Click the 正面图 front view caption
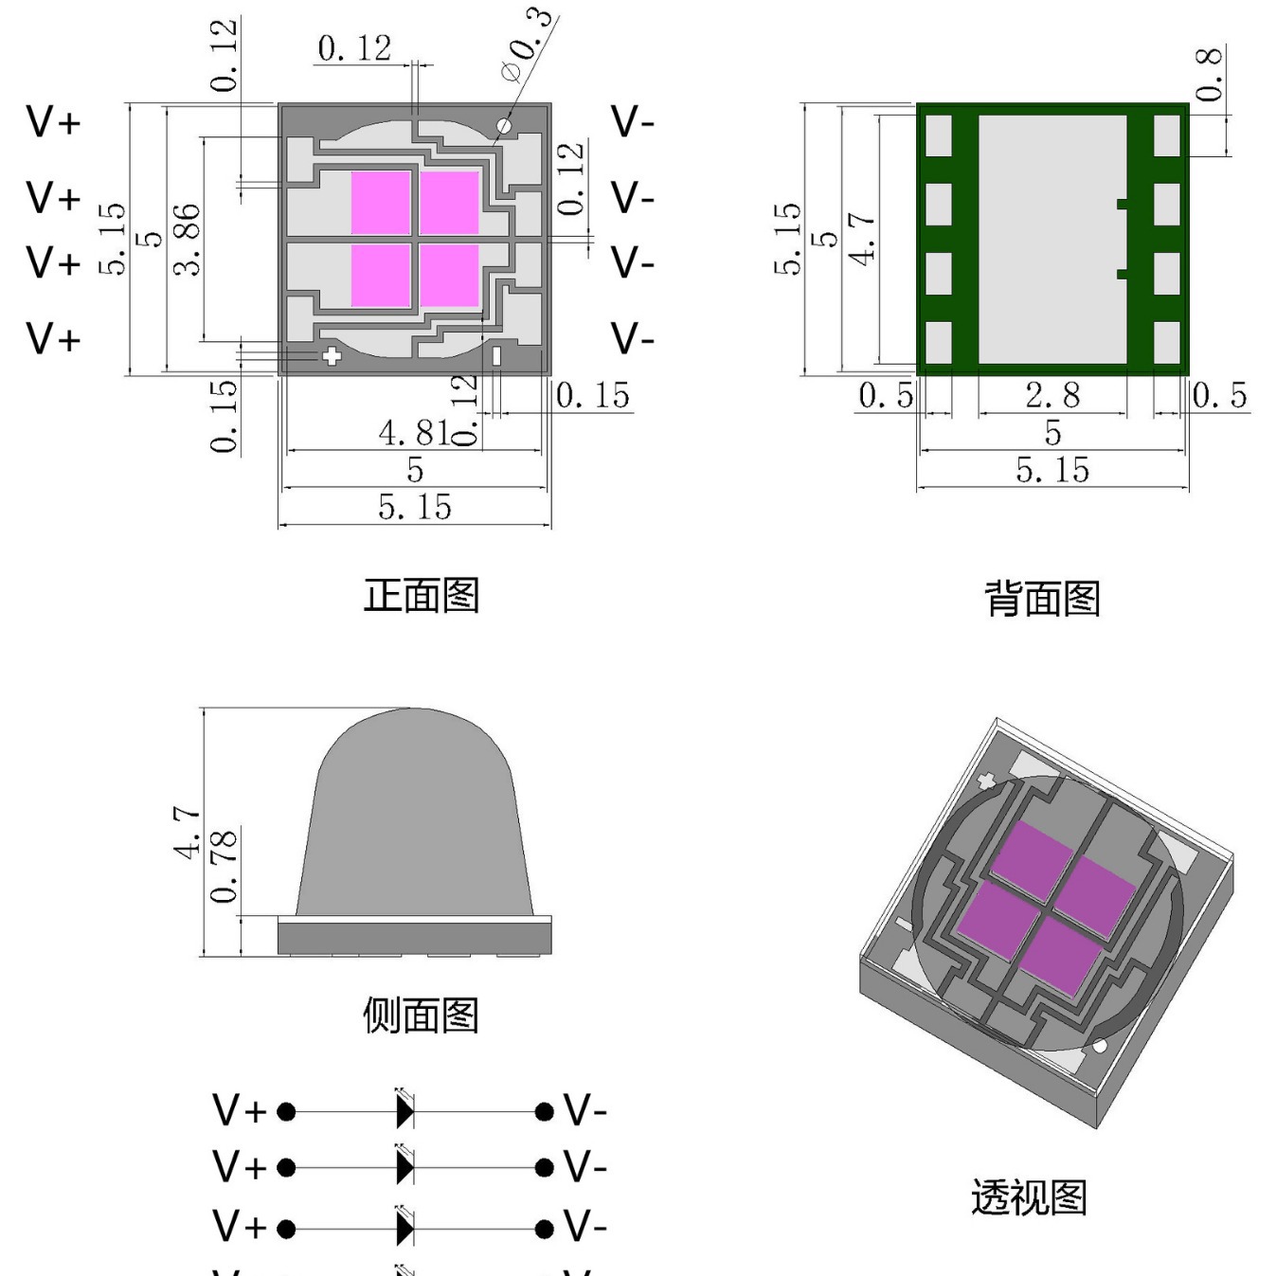421,596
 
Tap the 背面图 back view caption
1042,599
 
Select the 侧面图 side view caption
421,1015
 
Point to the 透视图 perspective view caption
1029,1197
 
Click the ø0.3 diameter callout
527,45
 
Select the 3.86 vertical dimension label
188,239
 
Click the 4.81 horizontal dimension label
413,433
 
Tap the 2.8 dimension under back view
1051,395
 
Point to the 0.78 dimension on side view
224,867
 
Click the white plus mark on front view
332,356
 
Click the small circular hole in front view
504,125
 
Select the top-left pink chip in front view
381,202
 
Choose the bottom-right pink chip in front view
450,276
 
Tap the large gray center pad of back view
1051,239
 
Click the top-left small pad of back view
938,135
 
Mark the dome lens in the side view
415,815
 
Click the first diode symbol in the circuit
404,1110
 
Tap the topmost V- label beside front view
632,122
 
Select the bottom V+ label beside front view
53,338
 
